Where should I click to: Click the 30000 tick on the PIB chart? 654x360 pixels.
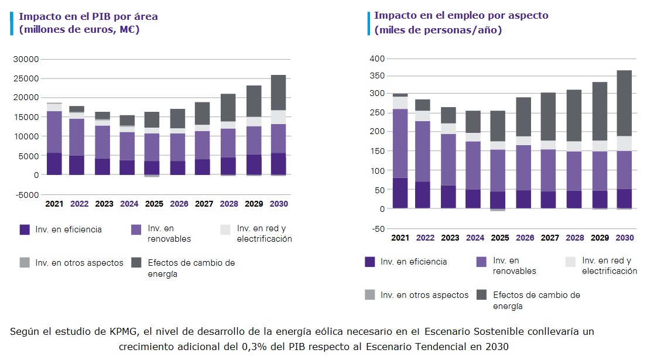(26, 59)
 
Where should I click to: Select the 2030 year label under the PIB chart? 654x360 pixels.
(278, 204)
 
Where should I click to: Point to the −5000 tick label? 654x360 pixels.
(26, 194)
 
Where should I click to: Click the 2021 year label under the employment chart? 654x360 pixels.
(400, 238)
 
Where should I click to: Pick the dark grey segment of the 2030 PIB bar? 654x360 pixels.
(278, 92)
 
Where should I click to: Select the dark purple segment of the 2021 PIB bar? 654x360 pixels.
(54, 164)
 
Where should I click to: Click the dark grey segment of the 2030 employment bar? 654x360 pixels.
(625, 103)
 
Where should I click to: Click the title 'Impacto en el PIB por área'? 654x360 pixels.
(88, 16)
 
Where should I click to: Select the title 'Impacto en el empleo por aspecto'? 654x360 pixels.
(461, 15)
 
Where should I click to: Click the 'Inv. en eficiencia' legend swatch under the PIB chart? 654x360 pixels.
(25, 229)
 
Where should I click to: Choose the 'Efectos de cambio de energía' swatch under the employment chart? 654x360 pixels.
(482, 295)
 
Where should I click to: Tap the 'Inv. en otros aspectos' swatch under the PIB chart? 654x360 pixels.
(25, 263)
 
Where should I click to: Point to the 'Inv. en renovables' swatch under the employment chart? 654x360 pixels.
(482, 262)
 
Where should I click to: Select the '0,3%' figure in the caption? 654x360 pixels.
(253, 346)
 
